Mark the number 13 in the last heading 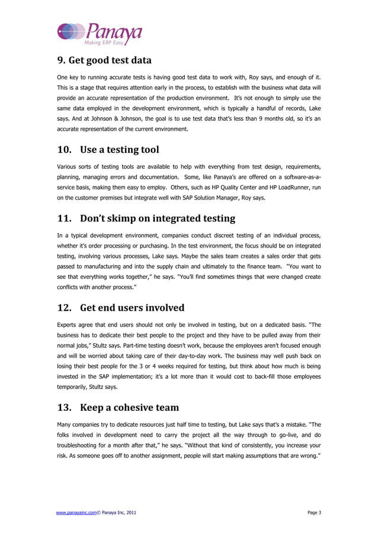[64, 407]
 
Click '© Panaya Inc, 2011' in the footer [119, 512]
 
